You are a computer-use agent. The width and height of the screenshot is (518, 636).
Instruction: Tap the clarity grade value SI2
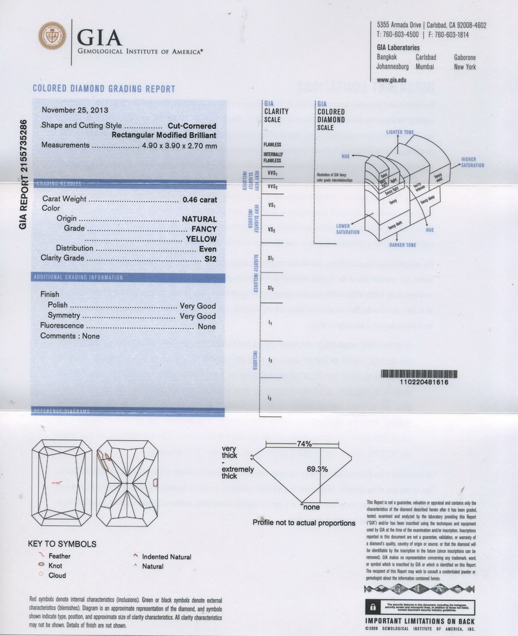(208, 259)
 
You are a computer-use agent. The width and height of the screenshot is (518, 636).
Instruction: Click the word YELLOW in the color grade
(201, 239)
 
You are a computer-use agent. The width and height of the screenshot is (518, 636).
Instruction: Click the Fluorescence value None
(207, 326)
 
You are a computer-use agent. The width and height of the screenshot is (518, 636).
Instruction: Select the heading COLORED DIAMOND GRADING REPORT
(103, 89)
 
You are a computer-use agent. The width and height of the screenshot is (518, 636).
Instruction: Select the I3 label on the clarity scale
(269, 396)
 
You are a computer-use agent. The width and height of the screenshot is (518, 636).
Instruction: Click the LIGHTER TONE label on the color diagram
(400, 132)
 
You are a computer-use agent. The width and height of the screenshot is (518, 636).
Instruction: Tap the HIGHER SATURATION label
(473, 162)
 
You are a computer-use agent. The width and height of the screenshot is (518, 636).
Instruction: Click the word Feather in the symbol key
(60, 556)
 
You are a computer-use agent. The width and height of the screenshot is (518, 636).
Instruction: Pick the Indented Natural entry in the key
(166, 557)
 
